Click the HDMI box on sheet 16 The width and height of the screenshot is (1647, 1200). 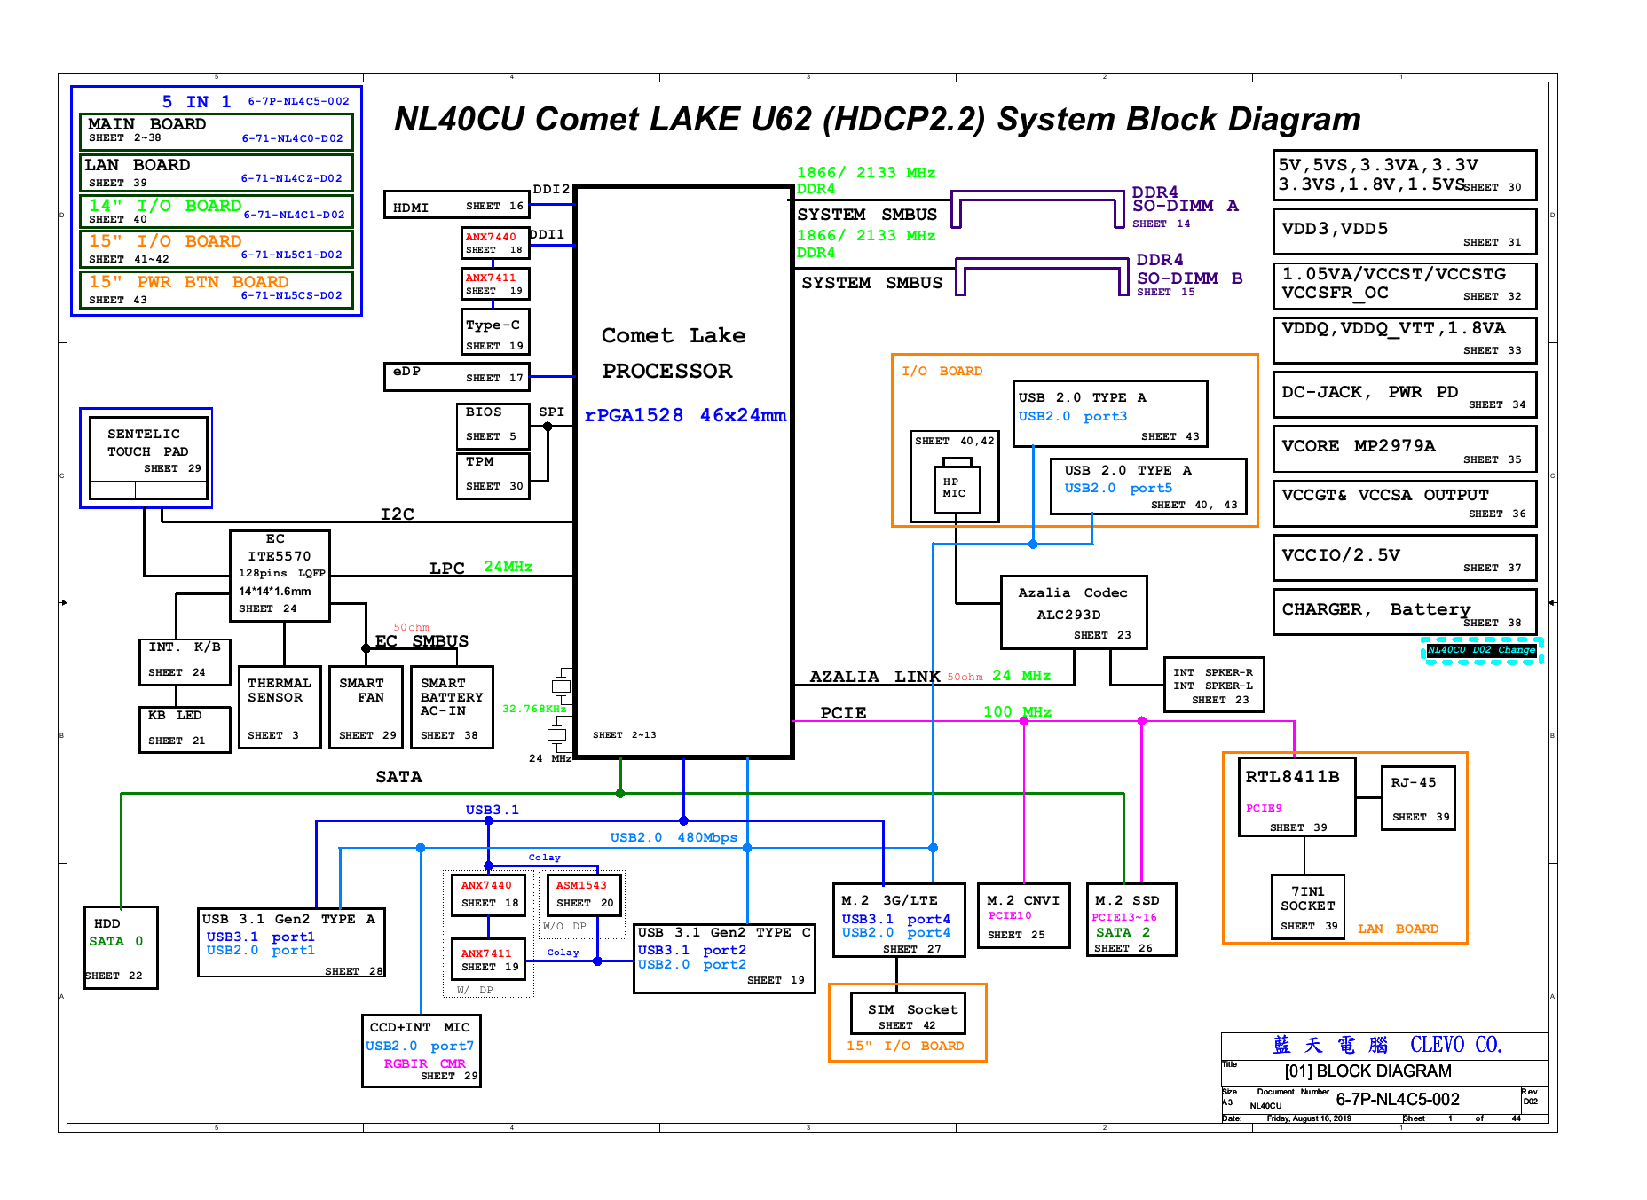456,205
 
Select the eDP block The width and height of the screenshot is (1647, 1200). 456,376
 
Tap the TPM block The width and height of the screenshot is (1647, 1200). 493,475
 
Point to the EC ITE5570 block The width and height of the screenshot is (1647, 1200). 280,575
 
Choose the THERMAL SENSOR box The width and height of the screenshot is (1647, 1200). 279,707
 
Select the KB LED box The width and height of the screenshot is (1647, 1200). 184,728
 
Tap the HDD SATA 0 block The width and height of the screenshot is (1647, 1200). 121,947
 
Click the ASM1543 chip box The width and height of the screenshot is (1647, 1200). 584,894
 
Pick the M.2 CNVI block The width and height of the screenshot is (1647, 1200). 1023,915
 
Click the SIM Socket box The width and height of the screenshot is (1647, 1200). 907,1014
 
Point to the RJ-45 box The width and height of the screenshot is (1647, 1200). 1418,797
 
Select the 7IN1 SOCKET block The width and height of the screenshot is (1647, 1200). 1306,907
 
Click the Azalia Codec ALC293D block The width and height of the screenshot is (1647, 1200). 1074,612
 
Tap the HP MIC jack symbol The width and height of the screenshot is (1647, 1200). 957,488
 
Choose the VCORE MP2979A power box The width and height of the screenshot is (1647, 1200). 1404,451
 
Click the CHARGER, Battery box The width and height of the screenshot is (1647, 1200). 1404,611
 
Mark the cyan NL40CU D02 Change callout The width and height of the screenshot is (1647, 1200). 1481,650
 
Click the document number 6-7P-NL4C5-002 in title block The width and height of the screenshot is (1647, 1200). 1397,1100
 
